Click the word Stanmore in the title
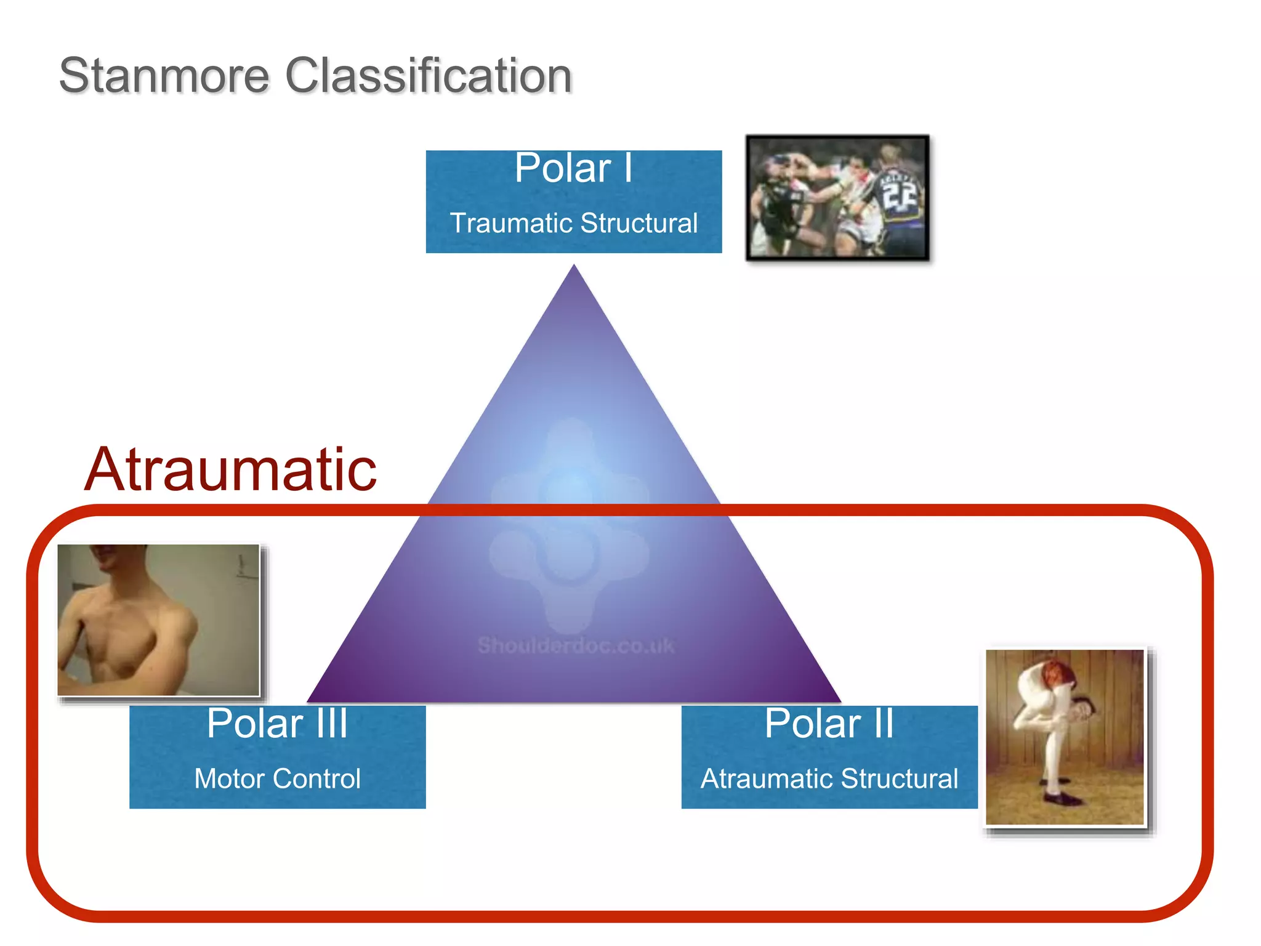[164, 76]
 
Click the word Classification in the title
[429, 76]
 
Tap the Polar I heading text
[573, 168]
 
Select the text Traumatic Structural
[573, 223]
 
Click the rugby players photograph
[837, 198]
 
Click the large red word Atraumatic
[230, 469]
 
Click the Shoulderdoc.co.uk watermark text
[576, 645]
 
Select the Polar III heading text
[277, 723]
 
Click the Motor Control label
[277, 778]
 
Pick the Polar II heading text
[829, 723]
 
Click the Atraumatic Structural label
[829, 778]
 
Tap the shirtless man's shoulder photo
[159, 620]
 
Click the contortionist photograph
[1065, 737]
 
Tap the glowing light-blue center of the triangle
[573, 483]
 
